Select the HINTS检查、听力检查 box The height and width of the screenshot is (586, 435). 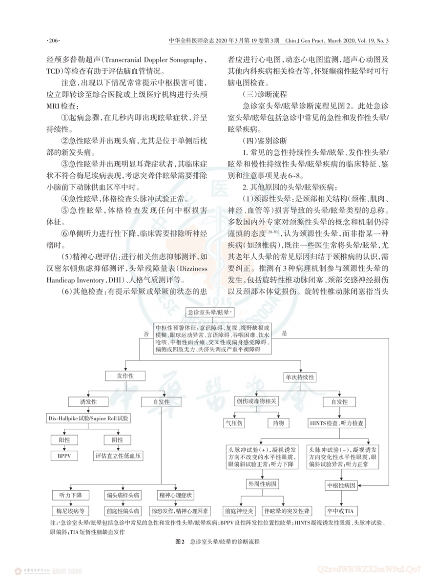point(339,422)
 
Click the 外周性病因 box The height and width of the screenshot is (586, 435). point(264,484)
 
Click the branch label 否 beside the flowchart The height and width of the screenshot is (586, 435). point(145,333)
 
